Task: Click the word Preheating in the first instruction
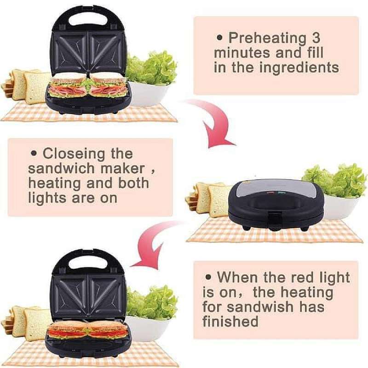click(267, 38)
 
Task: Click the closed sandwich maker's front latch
click(275, 216)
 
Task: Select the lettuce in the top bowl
click(152, 69)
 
